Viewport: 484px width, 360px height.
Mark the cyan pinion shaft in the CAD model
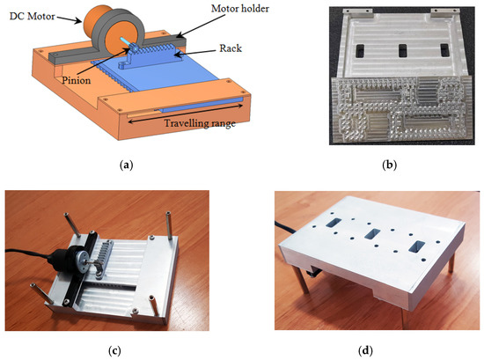(x=129, y=45)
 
